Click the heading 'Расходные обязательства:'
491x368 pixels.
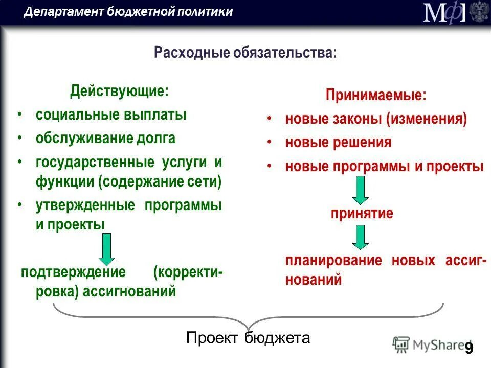(x=245, y=52)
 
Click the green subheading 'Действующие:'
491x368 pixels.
(x=119, y=91)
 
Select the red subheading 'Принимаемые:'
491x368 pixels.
(x=376, y=95)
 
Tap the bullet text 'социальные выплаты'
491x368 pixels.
(x=111, y=114)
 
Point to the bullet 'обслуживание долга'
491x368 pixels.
(x=105, y=138)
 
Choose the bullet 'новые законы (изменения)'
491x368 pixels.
(x=376, y=119)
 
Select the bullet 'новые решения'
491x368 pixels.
(x=338, y=143)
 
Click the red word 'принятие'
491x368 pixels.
(x=362, y=213)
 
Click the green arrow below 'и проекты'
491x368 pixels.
(x=107, y=248)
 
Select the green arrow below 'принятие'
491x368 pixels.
(x=361, y=238)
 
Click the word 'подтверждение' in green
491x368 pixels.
(x=73, y=272)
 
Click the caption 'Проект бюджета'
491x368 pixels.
(x=248, y=338)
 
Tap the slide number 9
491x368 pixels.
(x=469, y=349)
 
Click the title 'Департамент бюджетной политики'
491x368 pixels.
(x=128, y=12)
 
